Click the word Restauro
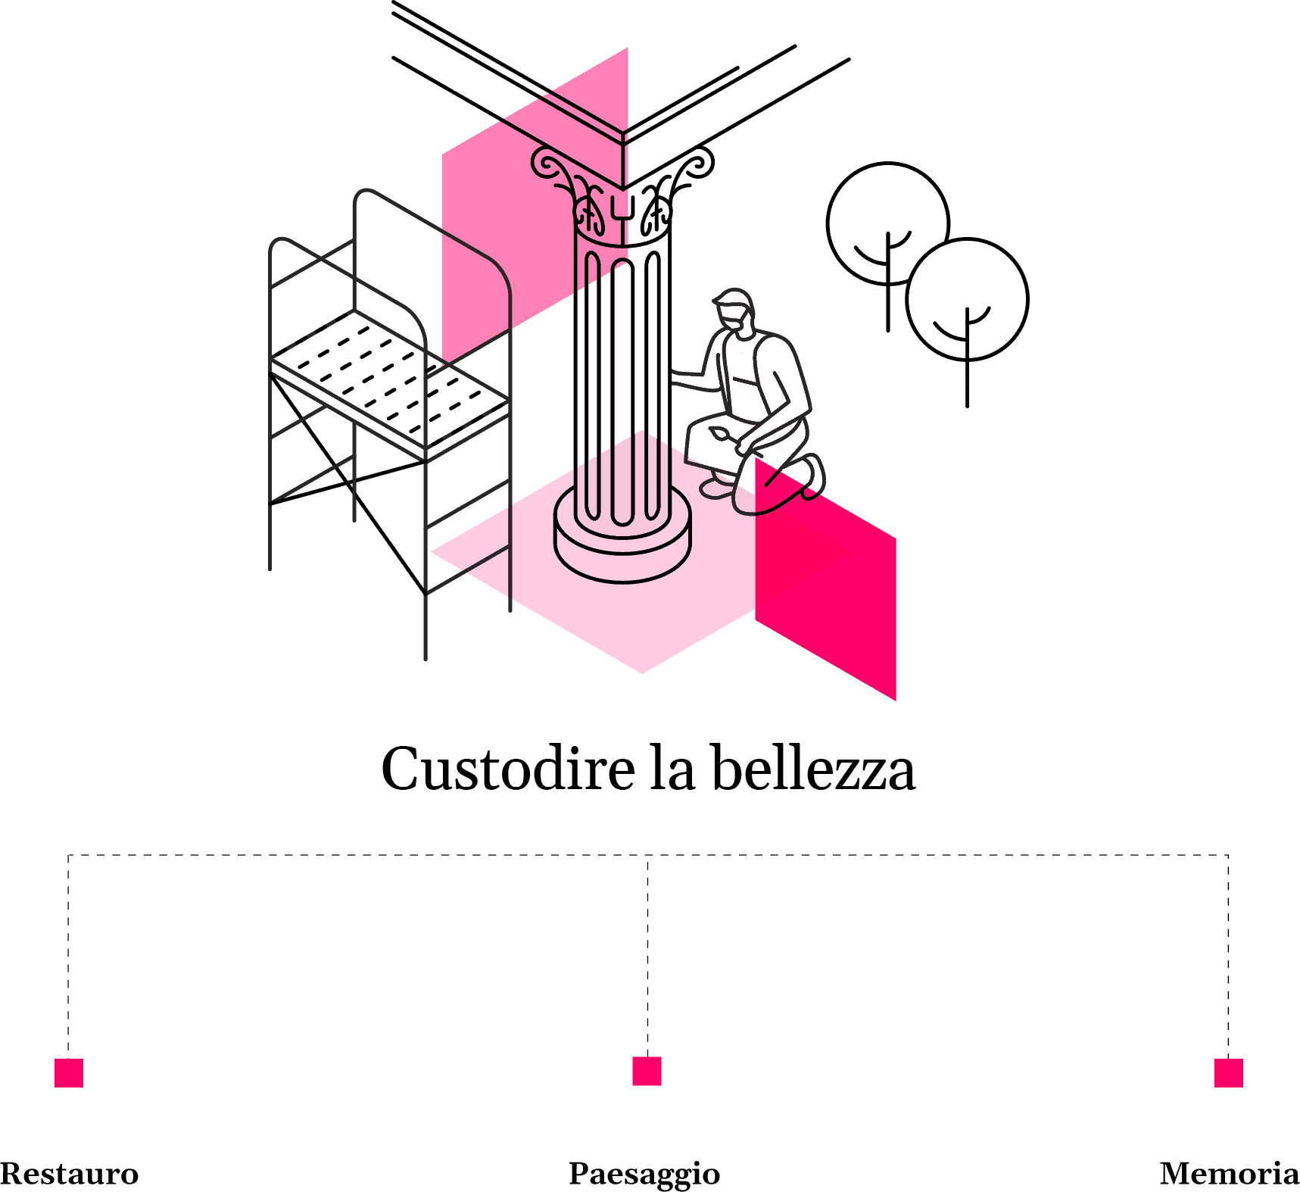70,1174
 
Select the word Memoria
1230,1174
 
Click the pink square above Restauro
69,1073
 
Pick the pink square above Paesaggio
647,1071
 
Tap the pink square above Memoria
1229,1073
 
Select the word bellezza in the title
814,769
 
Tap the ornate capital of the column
622,193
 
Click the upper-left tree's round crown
887,223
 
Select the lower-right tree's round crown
968,300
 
